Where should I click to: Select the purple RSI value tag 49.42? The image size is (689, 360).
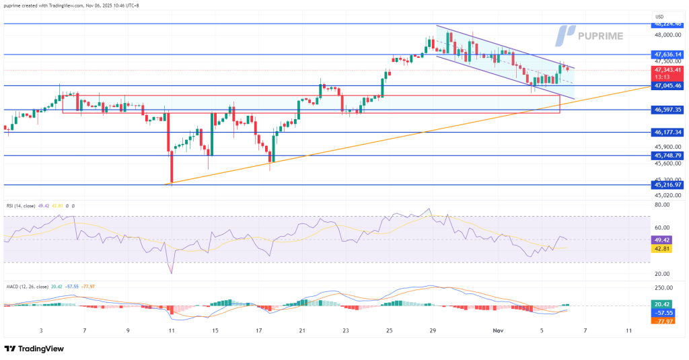pyautogui.click(x=661, y=240)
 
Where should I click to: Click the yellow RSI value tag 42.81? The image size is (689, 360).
pyautogui.click(x=661, y=249)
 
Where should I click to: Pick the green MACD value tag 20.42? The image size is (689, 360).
pyautogui.click(x=661, y=304)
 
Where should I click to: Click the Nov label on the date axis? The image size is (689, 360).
pyautogui.click(x=498, y=331)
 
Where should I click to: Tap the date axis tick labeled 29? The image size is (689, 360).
pyautogui.click(x=433, y=331)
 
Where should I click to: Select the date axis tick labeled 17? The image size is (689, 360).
pyautogui.click(x=259, y=331)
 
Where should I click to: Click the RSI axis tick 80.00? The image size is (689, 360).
pyautogui.click(x=661, y=205)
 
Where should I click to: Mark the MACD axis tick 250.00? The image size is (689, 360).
pyautogui.click(x=663, y=287)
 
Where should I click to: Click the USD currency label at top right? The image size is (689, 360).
pyautogui.click(x=659, y=16)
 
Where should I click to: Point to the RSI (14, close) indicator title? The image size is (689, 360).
pyautogui.click(x=23, y=206)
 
